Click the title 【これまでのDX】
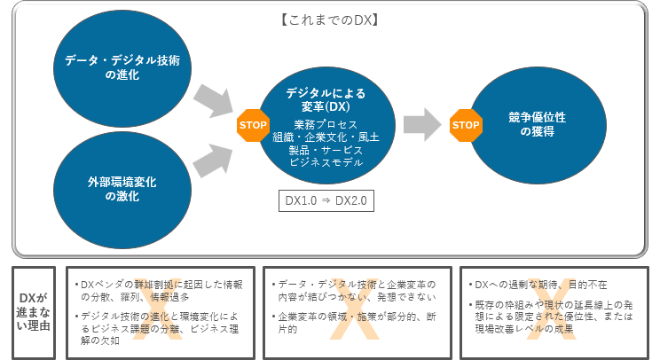[x=329, y=20]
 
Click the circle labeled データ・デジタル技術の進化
[x=122, y=68]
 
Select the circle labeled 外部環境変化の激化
[x=122, y=190]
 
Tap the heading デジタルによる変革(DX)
[x=326, y=99]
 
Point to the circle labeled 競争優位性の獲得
[x=538, y=125]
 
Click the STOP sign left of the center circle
[x=253, y=125]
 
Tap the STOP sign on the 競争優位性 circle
[x=466, y=125]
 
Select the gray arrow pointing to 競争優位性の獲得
[x=422, y=124]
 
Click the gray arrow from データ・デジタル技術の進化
[x=214, y=101]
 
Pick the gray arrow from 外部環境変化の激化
[x=214, y=160]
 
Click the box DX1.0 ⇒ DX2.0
[x=326, y=200]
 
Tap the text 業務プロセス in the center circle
[x=326, y=124]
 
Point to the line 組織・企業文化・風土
[x=326, y=137]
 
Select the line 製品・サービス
[x=326, y=150]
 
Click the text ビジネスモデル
[x=326, y=162]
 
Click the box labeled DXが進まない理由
[x=34, y=312]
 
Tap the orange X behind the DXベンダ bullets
[x=158, y=309]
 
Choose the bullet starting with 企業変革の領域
[x=354, y=323]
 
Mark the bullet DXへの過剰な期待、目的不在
[x=538, y=285]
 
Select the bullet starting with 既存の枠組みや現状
[x=551, y=317]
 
